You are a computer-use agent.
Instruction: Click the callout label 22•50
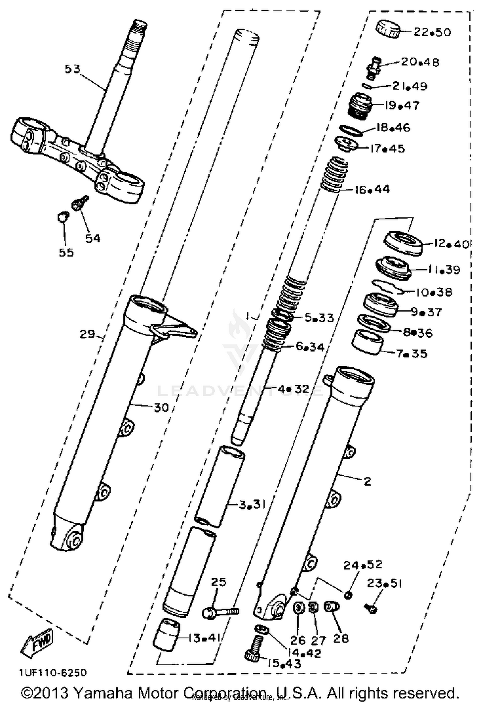[432, 32]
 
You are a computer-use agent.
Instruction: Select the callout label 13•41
[204, 638]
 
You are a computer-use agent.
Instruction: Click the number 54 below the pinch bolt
[93, 238]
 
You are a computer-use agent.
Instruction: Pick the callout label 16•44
[372, 189]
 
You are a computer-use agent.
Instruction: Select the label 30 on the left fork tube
[161, 408]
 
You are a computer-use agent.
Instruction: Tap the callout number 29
[88, 334]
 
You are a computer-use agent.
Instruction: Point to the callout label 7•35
[412, 354]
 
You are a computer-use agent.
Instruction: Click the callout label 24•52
[363, 565]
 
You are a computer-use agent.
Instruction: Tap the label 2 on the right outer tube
[367, 481]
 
